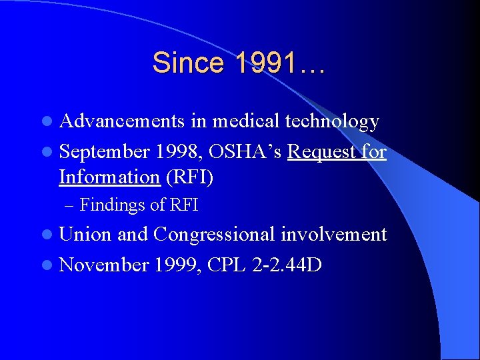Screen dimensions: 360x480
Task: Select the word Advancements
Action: [x=122, y=121]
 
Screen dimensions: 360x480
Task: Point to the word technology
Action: [x=332, y=122]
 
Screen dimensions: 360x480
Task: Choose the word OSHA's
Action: [x=245, y=152]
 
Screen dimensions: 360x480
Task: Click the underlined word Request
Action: [x=323, y=153]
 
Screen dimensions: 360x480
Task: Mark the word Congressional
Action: [x=214, y=235]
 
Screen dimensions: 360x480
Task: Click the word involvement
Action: [x=333, y=235]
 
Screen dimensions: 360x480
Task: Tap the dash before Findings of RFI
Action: [x=71, y=205]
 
